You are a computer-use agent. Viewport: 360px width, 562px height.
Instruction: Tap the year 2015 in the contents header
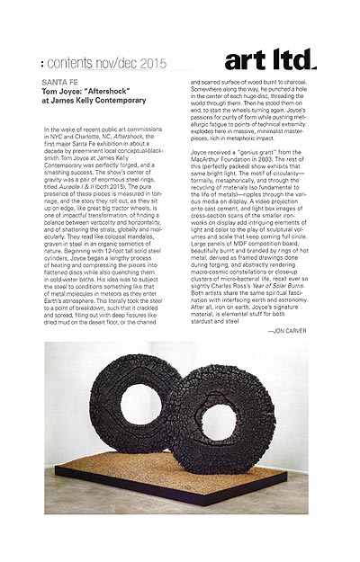(x=149, y=63)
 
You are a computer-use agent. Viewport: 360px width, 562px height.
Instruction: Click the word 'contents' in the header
(x=75, y=63)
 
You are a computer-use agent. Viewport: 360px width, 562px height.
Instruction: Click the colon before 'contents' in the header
(x=45, y=64)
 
